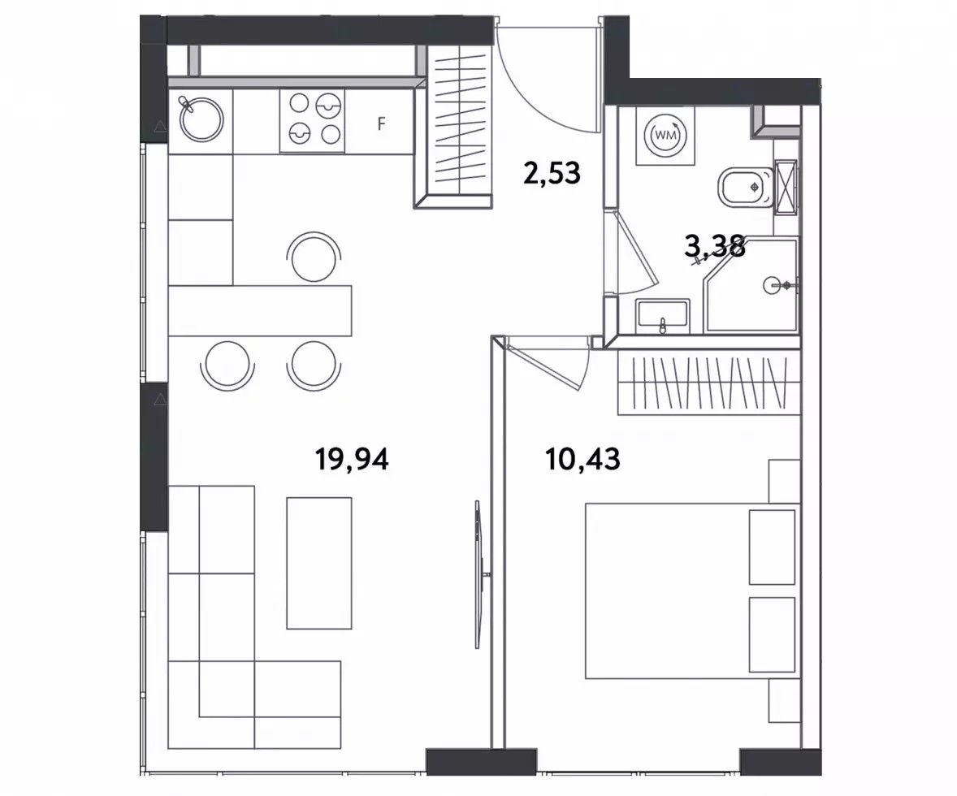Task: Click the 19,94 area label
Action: coord(352,460)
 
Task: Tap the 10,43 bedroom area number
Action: coord(582,459)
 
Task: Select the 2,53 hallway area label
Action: coord(552,173)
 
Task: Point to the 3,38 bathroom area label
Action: coord(715,247)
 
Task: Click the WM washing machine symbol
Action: coord(665,136)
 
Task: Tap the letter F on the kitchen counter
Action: coord(382,124)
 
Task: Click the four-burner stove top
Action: coord(313,120)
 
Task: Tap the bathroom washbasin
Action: coord(662,316)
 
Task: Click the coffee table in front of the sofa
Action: coord(319,563)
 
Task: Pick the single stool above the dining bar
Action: coord(314,257)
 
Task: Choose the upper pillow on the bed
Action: coord(772,547)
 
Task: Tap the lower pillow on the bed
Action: coord(772,634)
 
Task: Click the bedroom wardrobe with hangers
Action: coord(708,383)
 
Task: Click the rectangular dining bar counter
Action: coord(260,310)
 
